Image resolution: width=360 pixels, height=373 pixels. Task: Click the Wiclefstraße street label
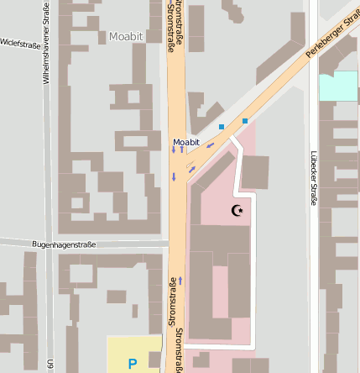pos(20,42)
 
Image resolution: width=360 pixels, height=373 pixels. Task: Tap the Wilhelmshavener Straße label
pos(47,43)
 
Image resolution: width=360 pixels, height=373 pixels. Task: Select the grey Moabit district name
pos(126,37)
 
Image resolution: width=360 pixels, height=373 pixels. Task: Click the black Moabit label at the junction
pos(186,142)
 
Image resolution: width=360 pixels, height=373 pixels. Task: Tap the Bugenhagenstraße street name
pos(64,244)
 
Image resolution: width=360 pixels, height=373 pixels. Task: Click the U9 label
pos(52,365)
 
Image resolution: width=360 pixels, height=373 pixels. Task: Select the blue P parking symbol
pos(132,365)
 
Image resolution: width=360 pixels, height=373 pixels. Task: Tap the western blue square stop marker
pos(222,127)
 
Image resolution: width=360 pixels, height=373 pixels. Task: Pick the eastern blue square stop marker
pos(245,121)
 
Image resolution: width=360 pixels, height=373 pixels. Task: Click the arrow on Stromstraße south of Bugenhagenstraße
pos(180,280)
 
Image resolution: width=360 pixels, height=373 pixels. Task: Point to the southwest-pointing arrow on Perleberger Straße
pos(210,144)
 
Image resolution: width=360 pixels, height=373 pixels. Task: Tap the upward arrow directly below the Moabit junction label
pos(181,150)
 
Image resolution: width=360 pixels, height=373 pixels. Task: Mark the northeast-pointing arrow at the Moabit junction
pos(192,170)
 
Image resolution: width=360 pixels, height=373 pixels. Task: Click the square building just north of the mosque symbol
pos(255,172)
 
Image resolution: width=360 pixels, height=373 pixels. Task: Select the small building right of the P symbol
pos(154,360)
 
